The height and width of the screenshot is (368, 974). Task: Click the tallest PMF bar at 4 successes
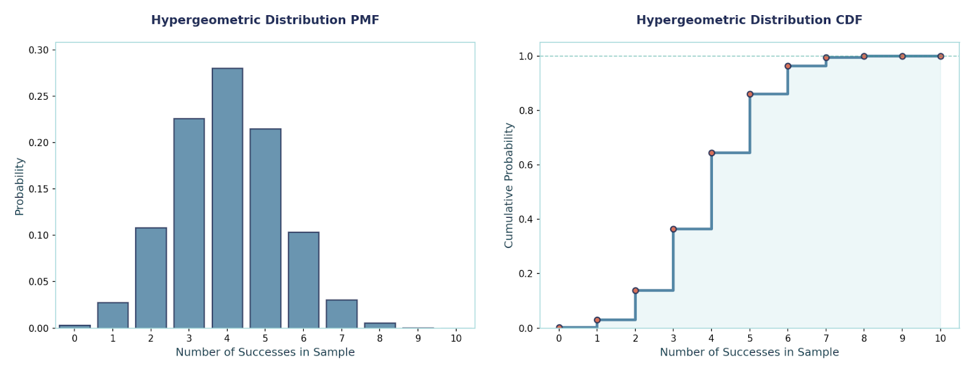[227, 198]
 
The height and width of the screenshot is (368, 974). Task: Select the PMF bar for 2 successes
[151, 278]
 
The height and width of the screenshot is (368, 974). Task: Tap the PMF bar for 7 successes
[342, 314]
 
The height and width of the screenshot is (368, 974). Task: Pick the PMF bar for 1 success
[113, 315]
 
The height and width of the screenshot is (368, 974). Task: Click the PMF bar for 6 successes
[303, 280]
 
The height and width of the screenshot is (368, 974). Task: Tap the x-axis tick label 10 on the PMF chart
[456, 338]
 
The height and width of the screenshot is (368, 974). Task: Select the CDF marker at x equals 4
[712, 153]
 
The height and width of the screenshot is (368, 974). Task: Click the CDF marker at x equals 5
[750, 94]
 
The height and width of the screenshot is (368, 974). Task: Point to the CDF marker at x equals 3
[673, 229]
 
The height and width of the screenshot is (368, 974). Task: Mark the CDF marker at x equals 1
[597, 320]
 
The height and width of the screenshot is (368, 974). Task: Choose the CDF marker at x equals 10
[941, 57]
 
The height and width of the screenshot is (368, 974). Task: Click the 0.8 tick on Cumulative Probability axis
[525, 111]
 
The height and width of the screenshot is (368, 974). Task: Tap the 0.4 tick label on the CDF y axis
[525, 219]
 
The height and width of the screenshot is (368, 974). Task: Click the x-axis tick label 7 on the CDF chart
[826, 338]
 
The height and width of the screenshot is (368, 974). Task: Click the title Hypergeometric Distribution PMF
[265, 20]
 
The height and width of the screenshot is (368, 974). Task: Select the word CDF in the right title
[849, 20]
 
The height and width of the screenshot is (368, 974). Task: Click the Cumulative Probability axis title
[509, 186]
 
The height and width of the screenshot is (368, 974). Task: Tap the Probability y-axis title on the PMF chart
[19, 186]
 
